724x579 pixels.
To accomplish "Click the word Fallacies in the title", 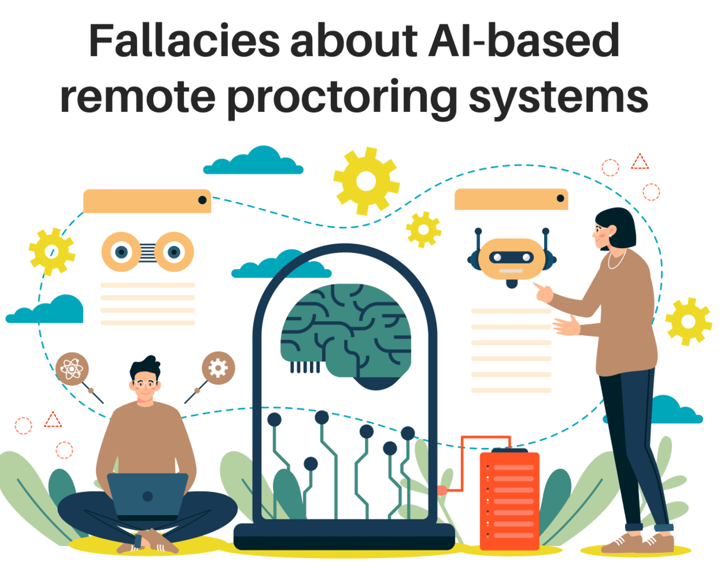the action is tap(184, 41).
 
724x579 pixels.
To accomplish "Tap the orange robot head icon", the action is tap(512, 259).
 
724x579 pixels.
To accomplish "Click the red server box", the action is tap(510, 500).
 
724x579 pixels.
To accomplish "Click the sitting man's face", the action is tap(145, 388).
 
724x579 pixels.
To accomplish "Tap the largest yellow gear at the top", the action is tap(367, 181).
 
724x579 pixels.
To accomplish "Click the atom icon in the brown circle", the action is tap(72, 369).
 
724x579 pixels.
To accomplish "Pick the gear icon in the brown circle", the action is tap(218, 368).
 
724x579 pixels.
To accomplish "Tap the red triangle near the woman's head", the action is tap(640, 163).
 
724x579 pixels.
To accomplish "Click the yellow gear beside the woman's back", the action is tap(688, 321).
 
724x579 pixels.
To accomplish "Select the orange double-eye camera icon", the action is tap(148, 252).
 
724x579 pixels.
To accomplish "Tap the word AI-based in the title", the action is tap(524, 41).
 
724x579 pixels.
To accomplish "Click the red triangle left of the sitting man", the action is tap(53, 420).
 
